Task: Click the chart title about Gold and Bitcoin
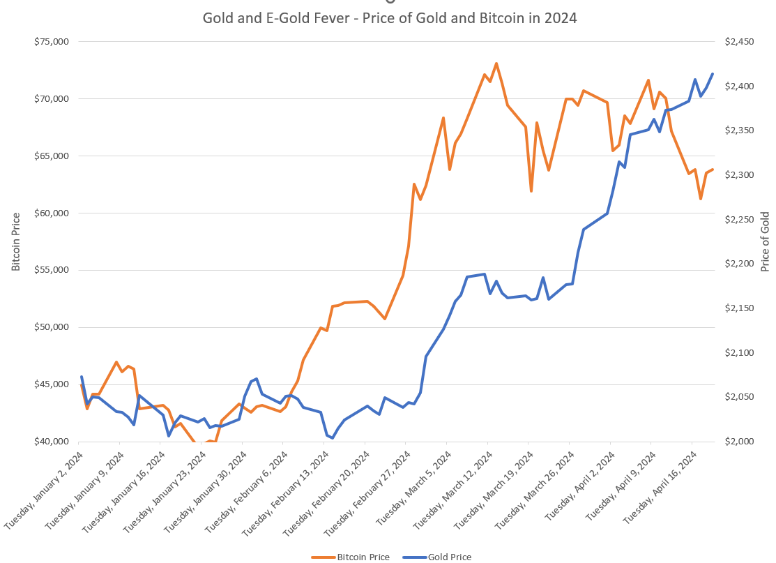click(389, 18)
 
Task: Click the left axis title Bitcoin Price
click(15, 241)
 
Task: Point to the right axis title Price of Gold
click(765, 241)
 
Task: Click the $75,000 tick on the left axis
click(51, 42)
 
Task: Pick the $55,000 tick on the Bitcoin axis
click(51, 270)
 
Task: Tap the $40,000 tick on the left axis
click(51, 442)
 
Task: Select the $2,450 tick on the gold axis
click(739, 42)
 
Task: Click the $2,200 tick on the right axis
click(739, 264)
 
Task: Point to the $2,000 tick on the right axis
click(739, 442)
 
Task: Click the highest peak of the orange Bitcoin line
click(496, 63)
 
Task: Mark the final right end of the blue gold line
click(713, 74)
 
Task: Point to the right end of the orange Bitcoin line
click(713, 170)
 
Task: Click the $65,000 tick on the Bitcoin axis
click(51, 156)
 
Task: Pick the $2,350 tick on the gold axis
click(739, 130)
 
